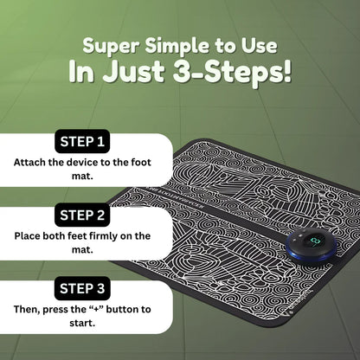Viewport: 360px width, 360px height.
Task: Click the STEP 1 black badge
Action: tap(82, 141)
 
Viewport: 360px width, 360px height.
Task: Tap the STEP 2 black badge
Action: tap(82, 215)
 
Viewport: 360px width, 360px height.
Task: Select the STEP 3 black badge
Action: tap(82, 288)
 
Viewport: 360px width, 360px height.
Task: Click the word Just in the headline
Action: tap(133, 71)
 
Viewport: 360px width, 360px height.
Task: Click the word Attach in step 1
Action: tap(29, 163)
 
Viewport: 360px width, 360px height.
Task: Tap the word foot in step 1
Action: tap(141, 163)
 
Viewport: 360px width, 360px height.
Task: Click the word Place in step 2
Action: tap(27, 236)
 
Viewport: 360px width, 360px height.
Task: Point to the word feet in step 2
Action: tap(77, 236)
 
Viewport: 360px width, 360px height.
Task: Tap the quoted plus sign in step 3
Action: tap(97, 310)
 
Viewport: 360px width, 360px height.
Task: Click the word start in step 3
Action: tap(82, 323)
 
